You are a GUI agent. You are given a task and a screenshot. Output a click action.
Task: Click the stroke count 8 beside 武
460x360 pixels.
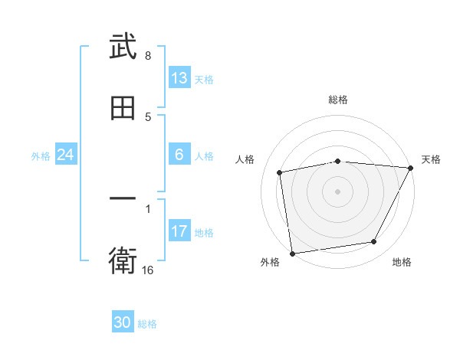(147, 56)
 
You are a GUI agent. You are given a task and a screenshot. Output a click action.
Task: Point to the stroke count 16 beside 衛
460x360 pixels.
(148, 270)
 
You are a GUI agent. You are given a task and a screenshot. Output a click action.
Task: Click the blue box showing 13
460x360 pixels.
(179, 78)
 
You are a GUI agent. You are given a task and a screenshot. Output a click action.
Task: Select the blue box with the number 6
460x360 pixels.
(179, 155)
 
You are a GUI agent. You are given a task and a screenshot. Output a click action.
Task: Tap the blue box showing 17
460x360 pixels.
(179, 231)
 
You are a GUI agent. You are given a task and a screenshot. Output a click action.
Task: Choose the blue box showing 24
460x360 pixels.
(66, 155)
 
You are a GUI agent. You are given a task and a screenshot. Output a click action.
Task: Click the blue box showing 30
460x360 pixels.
(123, 322)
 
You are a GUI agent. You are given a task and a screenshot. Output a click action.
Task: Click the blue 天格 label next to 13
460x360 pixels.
(204, 79)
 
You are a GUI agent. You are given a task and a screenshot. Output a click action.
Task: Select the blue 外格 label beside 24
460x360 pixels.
(41, 155)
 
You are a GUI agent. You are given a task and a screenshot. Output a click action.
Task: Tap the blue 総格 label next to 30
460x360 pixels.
(147, 323)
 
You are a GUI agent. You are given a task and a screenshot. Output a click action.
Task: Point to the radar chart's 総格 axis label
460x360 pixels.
(338, 100)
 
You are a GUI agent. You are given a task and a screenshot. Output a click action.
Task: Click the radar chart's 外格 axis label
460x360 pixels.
(270, 263)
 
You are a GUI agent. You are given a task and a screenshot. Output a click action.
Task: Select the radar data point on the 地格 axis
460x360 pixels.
(374, 242)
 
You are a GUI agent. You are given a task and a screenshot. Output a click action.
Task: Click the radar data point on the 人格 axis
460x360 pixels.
(280, 172)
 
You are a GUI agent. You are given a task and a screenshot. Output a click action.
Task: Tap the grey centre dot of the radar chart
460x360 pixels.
(338, 191)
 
